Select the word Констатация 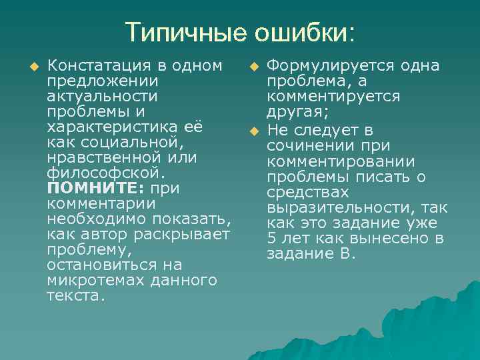point(93,66)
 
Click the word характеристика point(115,126)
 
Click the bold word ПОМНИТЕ point(85,187)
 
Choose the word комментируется point(333,97)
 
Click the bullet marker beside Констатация point(36,66)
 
